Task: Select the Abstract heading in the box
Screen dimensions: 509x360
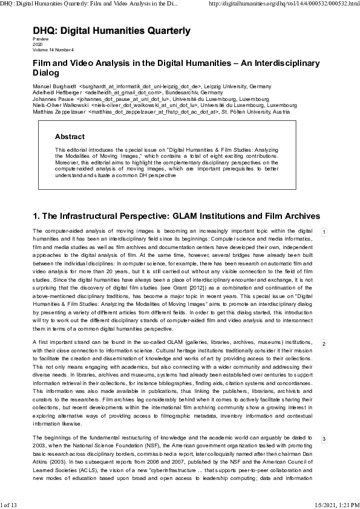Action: click(x=70, y=137)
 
